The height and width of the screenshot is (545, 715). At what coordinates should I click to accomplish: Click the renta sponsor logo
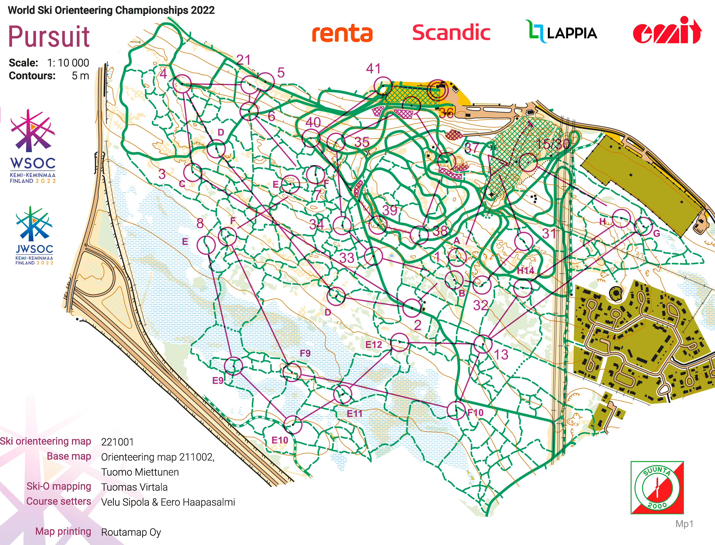tap(342, 33)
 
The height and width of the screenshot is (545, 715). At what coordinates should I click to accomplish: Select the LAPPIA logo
tap(561, 32)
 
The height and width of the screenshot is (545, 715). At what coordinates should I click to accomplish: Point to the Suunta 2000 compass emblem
tap(657, 488)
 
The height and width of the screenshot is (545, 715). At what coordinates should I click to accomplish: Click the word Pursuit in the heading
tap(49, 36)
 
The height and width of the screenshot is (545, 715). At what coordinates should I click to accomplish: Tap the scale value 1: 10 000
tap(68, 63)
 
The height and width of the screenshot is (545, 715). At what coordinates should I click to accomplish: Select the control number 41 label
tap(373, 69)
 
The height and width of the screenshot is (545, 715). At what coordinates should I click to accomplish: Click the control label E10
tap(280, 440)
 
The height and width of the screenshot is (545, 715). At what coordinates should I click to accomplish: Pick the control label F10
tap(475, 413)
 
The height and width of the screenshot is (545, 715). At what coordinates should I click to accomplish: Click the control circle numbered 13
tap(483, 344)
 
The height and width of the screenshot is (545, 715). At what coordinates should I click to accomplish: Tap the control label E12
tap(374, 344)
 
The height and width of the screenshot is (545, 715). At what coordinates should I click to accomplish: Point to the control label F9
tap(305, 353)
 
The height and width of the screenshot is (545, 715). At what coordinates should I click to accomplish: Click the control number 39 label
tap(390, 210)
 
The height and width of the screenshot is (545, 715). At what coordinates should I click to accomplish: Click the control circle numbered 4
tap(182, 84)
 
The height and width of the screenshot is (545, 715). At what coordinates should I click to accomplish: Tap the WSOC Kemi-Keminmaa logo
tap(32, 146)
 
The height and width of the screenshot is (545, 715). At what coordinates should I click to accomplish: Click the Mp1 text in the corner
tap(684, 524)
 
